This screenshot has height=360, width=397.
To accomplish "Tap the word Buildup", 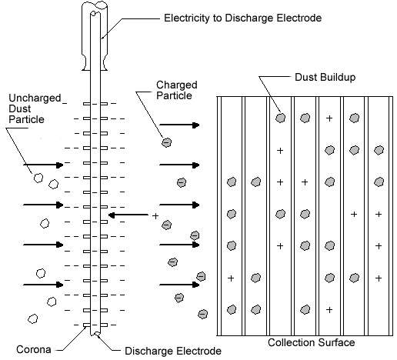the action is click(x=339, y=78).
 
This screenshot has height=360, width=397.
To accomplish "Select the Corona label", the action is click(x=34, y=349).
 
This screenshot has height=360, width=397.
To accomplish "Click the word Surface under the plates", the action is click(x=336, y=342).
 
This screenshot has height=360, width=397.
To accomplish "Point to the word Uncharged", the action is click(x=35, y=98).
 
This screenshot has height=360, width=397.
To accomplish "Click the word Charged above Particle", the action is click(x=177, y=85).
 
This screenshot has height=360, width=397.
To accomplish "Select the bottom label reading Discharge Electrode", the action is click(x=173, y=351).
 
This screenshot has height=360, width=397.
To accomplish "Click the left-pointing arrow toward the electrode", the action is click(x=128, y=215).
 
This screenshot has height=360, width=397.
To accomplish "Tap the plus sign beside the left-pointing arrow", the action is click(x=155, y=216).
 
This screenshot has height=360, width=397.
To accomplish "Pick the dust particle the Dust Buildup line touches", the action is click(x=280, y=118).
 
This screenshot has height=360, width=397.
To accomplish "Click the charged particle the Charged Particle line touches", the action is click(x=167, y=142).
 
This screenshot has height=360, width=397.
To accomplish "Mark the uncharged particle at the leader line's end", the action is click(x=38, y=178).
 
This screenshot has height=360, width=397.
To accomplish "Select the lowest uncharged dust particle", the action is click(x=32, y=319).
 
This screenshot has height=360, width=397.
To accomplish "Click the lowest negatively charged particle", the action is click(x=202, y=314).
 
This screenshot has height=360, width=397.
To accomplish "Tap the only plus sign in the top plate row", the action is click(x=329, y=118).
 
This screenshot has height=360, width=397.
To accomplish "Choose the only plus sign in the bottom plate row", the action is click(x=329, y=310).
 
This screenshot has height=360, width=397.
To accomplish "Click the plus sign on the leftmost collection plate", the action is click(x=231, y=278).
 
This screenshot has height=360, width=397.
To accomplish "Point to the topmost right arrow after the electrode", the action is click(x=179, y=125).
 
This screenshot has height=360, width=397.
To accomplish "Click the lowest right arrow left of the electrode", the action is click(x=43, y=285).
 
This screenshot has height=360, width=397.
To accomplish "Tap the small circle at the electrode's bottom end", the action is click(x=97, y=333).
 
